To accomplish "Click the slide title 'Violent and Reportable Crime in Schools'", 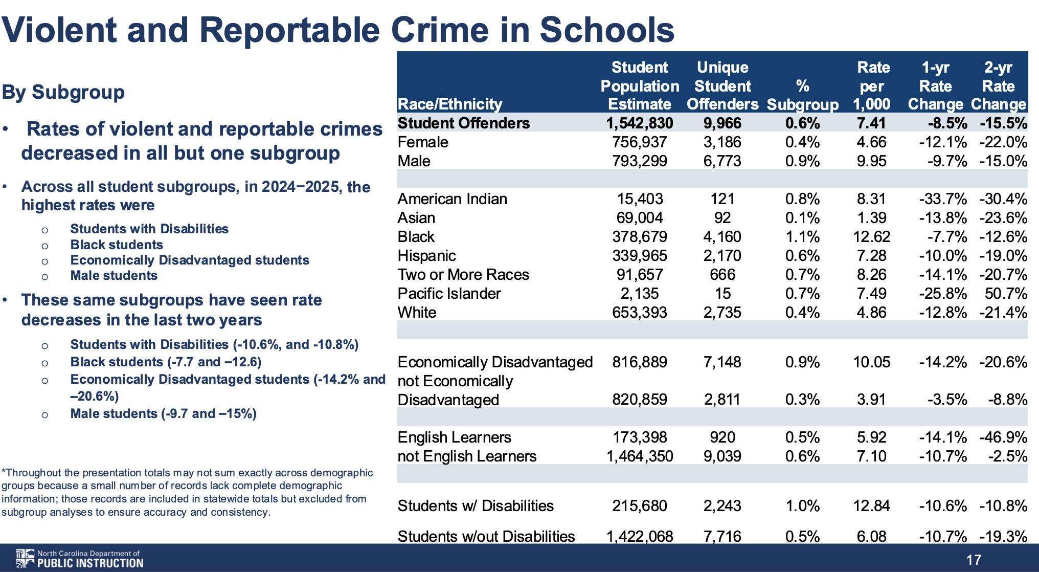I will tap(337, 30).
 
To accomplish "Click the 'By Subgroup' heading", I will tap(63, 92).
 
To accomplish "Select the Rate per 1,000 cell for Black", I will tap(871, 237).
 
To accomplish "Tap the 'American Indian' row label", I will tap(452, 199).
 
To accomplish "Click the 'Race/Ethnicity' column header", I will tap(449, 104).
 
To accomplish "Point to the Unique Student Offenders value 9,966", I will tap(722, 123).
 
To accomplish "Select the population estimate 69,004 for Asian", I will tap(639, 218).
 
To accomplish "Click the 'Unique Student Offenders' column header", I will tap(722, 86).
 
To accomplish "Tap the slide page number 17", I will tap(974, 560).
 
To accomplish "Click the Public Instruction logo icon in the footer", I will tap(24, 558).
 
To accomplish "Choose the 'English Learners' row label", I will tap(454, 437).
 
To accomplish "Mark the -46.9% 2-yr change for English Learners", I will tap(1003, 437).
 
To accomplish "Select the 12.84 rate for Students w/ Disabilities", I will tap(871, 506).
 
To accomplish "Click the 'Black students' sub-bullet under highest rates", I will tap(117, 245).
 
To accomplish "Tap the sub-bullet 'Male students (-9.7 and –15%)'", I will tap(163, 413).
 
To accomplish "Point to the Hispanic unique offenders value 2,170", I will tap(722, 256).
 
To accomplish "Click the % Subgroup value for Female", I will tap(802, 142).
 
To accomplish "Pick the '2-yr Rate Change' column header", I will tap(998, 86).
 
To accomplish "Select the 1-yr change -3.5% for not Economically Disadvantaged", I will tap(947, 400).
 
